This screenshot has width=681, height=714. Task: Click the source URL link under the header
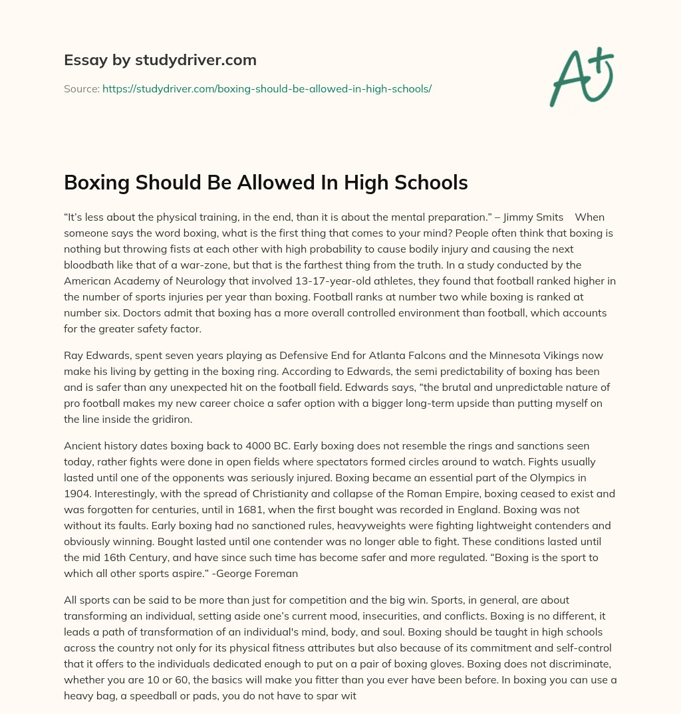pos(267,88)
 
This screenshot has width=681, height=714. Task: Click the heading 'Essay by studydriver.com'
pos(160,60)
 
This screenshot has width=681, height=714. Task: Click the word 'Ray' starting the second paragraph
pos(74,355)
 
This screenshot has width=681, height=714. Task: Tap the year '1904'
pos(77,493)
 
